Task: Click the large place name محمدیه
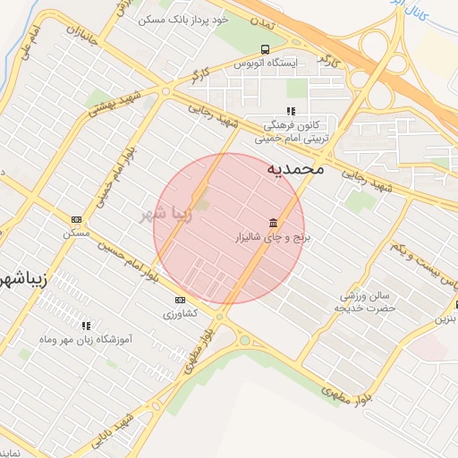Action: [294, 168]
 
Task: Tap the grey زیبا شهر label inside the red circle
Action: [166, 214]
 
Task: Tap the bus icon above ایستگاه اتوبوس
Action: [264, 49]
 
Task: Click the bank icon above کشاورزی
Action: [180, 300]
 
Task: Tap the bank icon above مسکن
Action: [76, 218]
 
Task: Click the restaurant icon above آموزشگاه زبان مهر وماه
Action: [87, 326]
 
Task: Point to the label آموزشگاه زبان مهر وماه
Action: [88, 340]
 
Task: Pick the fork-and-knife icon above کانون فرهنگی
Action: [291, 111]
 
